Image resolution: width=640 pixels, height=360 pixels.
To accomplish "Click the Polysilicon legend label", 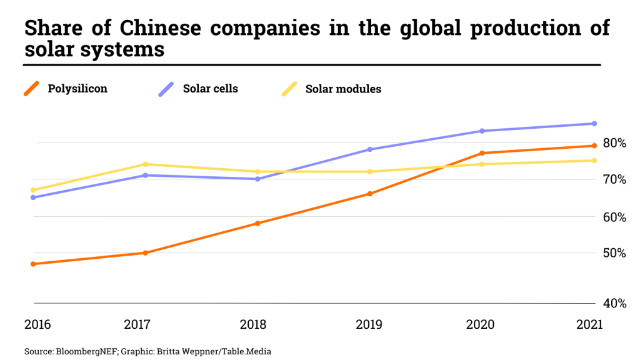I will (x=77, y=89).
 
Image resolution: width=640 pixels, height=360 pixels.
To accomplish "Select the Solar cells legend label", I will (x=210, y=89).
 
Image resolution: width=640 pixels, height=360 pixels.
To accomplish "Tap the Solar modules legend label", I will (x=343, y=89).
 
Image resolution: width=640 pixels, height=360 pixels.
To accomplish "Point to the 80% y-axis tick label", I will (x=615, y=143).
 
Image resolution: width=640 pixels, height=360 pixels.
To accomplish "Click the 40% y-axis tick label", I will (x=615, y=303).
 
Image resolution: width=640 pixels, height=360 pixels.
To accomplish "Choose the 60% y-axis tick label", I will (x=615, y=217).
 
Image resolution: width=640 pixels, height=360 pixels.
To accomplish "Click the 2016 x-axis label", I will (x=37, y=325).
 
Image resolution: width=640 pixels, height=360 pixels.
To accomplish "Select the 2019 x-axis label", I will (x=369, y=325).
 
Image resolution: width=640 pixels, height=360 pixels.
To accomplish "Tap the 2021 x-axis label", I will (x=589, y=325).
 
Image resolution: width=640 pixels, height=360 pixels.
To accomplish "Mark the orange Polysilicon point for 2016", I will (x=33, y=264).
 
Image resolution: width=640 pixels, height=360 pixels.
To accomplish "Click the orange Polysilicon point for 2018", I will (x=257, y=223).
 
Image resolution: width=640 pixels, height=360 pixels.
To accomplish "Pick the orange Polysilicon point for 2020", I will (x=482, y=153).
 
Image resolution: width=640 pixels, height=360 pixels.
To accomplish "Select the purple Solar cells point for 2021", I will (x=594, y=124).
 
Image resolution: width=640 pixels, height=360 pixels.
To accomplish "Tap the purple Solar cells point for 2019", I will (x=369, y=149).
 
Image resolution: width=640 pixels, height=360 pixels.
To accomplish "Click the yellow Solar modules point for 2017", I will (x=146, y=164).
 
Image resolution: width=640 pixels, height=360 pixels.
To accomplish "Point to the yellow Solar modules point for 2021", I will (x=594, y=161).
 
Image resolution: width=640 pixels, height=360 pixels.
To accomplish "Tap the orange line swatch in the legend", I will (x=32, y=89).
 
